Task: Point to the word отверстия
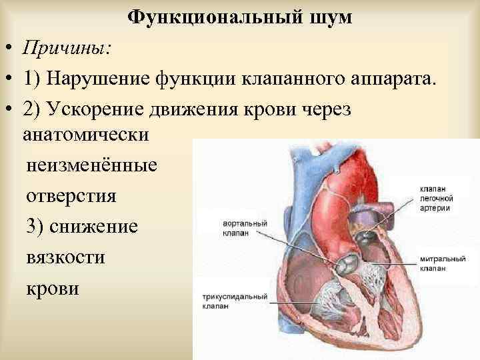(x=71, y=197)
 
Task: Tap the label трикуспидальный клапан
(x=231, y=299)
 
